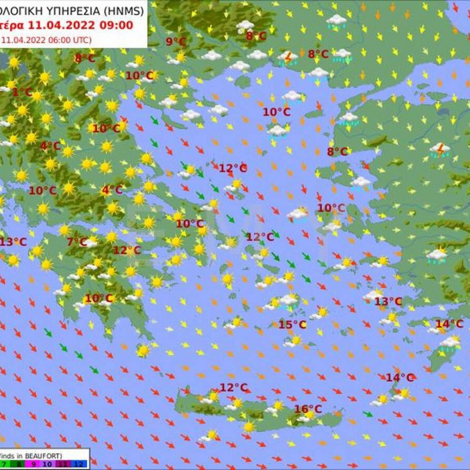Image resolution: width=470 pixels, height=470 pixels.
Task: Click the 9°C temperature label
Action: point(176,41)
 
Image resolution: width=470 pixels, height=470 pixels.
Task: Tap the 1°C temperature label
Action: point(22,92)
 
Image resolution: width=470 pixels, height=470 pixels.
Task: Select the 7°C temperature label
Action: point(77,242)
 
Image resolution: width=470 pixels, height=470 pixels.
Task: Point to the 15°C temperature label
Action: point(292,325)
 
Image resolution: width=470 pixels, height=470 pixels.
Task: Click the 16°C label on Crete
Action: point(308,409)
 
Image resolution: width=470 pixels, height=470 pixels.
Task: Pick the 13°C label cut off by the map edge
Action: point(13,242)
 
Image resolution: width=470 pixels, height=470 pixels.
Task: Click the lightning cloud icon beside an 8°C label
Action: point(288,56)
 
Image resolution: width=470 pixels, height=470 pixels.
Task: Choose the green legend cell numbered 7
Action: point(5,463)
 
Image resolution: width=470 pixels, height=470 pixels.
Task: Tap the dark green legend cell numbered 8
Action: point(18,463)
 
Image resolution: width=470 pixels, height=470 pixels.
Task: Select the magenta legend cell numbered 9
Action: point(33,463)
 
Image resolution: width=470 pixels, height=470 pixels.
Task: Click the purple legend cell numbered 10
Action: point(47,463)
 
